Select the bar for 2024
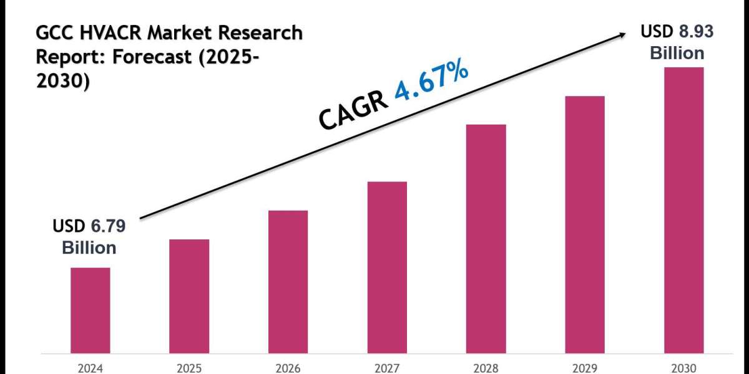[x=90, y=310]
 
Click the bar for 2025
[x=189, y=295]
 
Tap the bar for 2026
[x=288, y=281]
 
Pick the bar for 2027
[x=387, y=267]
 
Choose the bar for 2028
[x=486, y=238]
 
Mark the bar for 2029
[x=585, y=224]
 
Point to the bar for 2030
[x=683, y=209]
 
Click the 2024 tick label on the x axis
[x=90, y=367]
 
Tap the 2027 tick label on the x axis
[x=387, y=367]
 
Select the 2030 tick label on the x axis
[x=683, y=367]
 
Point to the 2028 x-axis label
[x=486, y=367]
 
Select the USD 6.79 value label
[x=89, y=228]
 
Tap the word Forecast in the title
[x=150, y=57]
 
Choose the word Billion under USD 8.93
[x=677, y=53]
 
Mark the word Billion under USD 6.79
[x=89, y=248]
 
